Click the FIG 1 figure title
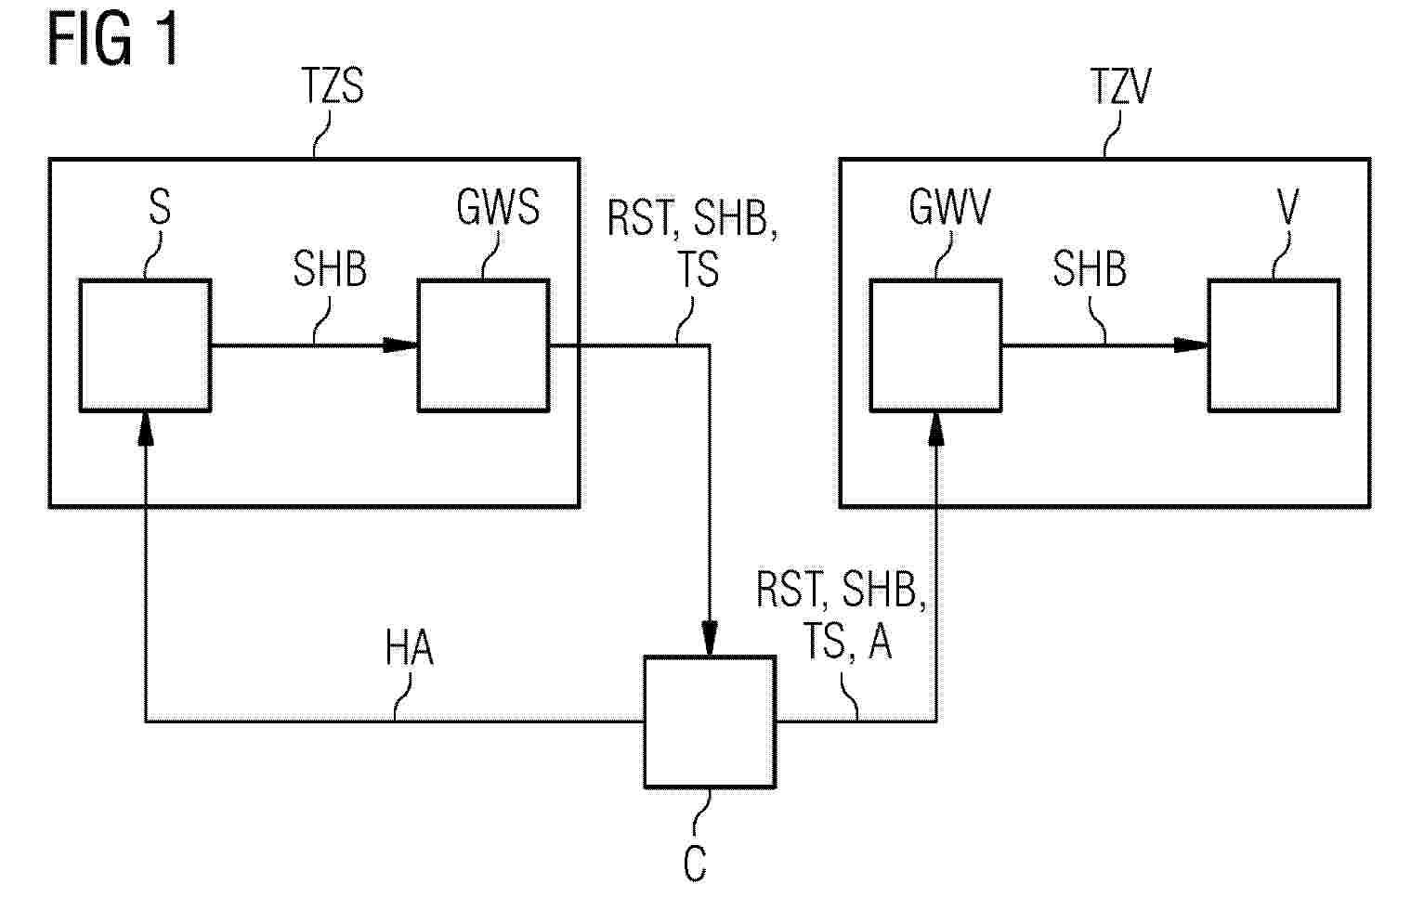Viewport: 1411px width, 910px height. coord(112,40)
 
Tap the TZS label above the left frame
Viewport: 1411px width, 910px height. coord(333,86)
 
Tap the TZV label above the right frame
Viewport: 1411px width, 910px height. coord(1120,86)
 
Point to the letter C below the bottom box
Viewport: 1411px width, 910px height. coord(695,863)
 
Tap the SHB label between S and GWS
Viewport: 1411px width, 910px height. coord(330,269)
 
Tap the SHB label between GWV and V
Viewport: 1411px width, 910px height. coord(1090,269)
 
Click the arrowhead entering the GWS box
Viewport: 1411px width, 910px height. coord(400,345)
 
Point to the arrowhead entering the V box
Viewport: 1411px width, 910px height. coord(1191,345)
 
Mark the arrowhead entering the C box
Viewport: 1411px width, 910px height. coord(710,639)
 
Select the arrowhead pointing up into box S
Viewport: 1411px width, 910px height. coord(146,430)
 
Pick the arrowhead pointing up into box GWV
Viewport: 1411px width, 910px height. coord(936,430)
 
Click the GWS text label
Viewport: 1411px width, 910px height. coord(498,207)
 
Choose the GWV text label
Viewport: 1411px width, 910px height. coord(949,207)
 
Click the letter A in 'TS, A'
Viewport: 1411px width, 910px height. coord(881,642)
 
